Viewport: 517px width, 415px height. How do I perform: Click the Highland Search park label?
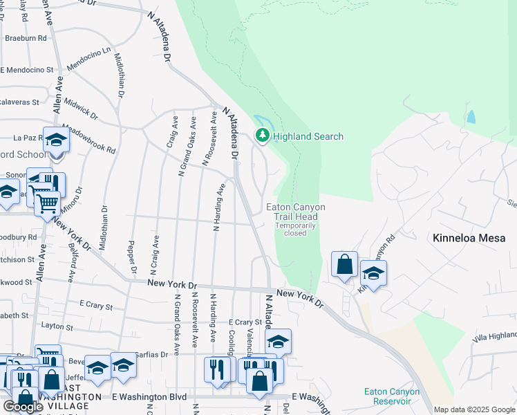pos(308,136)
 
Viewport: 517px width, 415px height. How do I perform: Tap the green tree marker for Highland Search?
pos(262,136)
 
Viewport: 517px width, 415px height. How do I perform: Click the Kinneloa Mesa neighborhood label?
pos(473,238)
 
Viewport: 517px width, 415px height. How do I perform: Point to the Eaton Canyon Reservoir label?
pos(392,396)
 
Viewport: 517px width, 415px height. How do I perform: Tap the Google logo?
pos(24,406)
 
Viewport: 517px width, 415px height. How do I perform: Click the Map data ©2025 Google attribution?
pos(474,409)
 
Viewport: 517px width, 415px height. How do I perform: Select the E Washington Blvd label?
pos(149,397)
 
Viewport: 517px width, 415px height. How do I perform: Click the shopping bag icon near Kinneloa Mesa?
pos(344,264)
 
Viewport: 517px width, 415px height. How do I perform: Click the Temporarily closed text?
pos(296,229)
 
